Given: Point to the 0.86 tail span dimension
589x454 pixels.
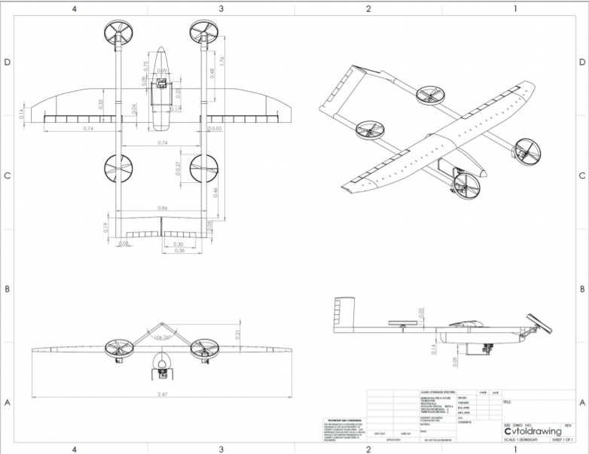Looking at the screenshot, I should pos(163,207).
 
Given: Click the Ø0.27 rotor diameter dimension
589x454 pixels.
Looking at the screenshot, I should pos(179,168).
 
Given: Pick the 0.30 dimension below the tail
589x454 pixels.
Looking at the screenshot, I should pos(179,245).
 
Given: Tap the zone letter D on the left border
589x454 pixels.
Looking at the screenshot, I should pos(7,62).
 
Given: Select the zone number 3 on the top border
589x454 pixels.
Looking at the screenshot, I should pos(221,8).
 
